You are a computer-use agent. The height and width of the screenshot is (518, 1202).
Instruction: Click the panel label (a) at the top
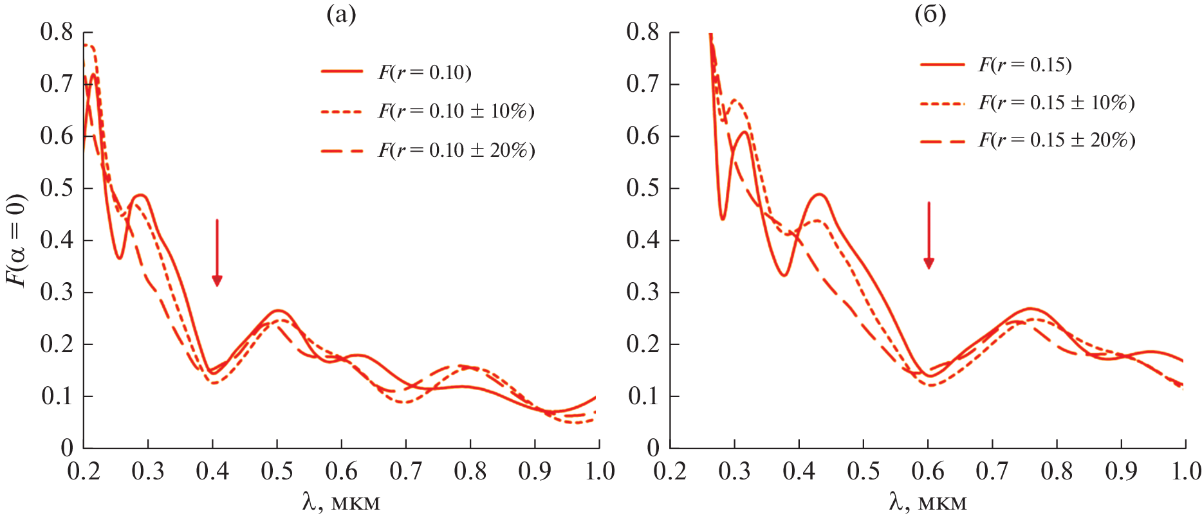(x=341, y=14)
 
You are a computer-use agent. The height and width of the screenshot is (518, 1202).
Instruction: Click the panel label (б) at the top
(x=930, y=14)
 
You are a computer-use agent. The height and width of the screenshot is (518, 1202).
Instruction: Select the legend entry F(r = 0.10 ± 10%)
(x=456, y=111)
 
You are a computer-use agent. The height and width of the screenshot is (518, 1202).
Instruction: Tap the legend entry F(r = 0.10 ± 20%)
(x=456, y=150)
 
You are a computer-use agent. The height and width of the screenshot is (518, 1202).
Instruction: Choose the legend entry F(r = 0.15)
(x=1025, y=64)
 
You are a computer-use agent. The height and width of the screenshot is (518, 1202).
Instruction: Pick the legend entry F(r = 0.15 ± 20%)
(x=1057, y=140)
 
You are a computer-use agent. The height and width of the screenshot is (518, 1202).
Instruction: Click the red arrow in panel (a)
(x=217, y=252)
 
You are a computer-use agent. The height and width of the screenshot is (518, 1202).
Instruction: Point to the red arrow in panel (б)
(x=929, y=235)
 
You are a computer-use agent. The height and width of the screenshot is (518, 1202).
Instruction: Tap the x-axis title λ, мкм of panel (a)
(x=341, y=501)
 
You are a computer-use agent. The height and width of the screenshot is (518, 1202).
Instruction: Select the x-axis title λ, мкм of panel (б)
(x=928, y=501)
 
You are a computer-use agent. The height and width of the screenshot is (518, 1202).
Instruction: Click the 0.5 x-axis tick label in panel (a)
(x=277, y=471)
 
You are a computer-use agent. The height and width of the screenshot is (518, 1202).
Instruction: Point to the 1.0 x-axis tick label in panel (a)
(x=600, y=471)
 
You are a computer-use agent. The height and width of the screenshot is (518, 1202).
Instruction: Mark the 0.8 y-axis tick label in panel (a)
(x=57, y=31)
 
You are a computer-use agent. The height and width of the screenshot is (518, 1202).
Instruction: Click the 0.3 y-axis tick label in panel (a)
(x=57, y=292)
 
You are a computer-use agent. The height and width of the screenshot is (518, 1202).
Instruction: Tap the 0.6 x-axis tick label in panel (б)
(x=928, y=471)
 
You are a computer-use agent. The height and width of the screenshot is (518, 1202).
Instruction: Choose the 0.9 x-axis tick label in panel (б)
(x=1121, y=471)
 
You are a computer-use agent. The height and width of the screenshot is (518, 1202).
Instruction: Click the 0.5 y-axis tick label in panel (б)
(x=643, y=188)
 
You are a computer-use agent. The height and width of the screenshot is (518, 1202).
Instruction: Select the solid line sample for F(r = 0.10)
(x=342, y=71)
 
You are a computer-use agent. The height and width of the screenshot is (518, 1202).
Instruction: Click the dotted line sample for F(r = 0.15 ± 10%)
(x=942, y=103)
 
